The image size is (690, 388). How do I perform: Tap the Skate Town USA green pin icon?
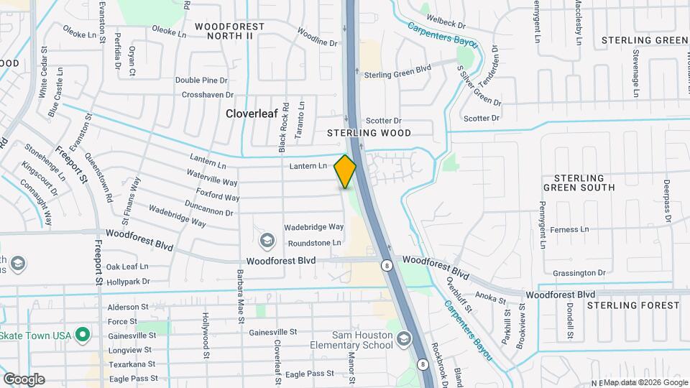83,335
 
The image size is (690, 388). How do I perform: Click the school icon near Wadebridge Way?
267,240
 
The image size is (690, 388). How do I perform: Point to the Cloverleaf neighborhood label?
252,114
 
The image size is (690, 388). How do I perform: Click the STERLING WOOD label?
369,133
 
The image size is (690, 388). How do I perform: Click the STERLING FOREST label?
632,305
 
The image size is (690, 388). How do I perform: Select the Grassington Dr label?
579,273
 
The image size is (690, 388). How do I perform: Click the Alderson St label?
127,306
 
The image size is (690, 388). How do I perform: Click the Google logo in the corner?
24,379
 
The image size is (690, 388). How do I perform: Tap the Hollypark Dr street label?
126,282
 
